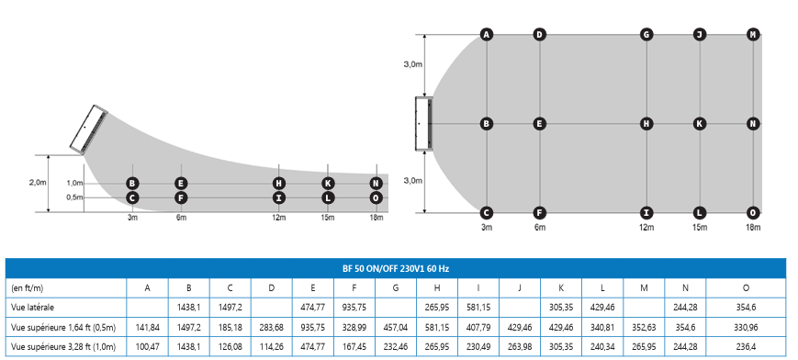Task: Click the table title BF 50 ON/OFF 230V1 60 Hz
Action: [396, 268]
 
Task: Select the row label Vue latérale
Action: [32, 308]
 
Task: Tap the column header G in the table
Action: [396, 288]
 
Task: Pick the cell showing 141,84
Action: [147, 328]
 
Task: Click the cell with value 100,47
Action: [147, 347]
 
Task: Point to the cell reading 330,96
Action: [746, 328]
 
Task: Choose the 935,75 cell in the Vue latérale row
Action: [354, 308]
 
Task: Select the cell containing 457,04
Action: [396, 328]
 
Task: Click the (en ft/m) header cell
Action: [27, 288]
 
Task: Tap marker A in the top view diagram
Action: [487, 35]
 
